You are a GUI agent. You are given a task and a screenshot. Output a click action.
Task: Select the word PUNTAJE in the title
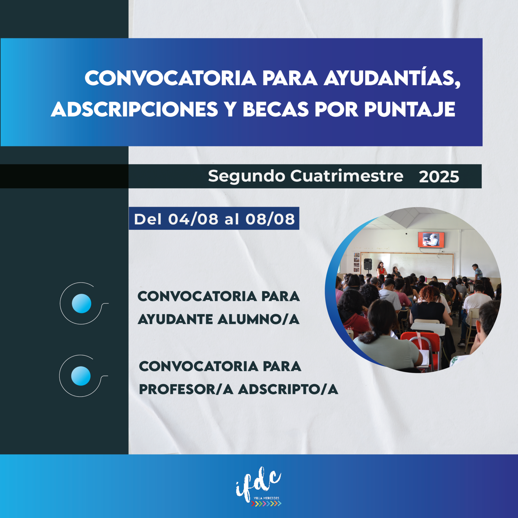410,109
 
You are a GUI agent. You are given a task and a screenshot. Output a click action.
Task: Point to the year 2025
439,177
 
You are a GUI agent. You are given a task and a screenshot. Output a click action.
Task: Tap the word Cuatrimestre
347,176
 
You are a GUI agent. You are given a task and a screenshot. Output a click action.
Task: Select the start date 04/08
193,219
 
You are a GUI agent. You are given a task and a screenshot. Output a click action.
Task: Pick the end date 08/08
270,219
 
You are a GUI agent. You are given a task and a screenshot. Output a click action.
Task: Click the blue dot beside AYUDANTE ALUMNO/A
82,303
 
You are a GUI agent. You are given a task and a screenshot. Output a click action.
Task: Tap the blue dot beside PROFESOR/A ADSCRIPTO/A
81,376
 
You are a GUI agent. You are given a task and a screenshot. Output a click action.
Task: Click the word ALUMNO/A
258,319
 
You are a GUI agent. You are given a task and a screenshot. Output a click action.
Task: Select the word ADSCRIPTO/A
288,389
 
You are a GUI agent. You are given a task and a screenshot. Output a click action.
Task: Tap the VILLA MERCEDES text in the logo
266,498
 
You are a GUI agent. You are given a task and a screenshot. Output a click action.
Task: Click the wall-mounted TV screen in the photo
431,240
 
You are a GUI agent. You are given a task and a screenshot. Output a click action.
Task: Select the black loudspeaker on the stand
368,264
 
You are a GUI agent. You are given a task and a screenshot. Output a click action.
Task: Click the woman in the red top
381,269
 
